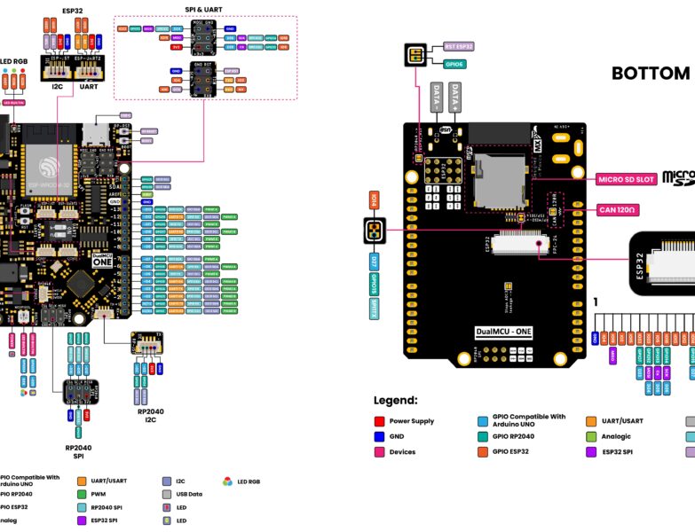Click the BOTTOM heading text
(651, 74)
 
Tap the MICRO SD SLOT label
(626, 179)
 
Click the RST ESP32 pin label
(458, 46)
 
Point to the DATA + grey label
(456, 97)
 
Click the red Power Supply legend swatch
(379, 421)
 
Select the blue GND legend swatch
(379, 436)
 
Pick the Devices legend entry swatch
(379, 452)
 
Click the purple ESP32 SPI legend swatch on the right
(591, 452)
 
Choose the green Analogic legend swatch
(591, 436)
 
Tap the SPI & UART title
(204, 10)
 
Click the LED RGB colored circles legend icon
(228, 481)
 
